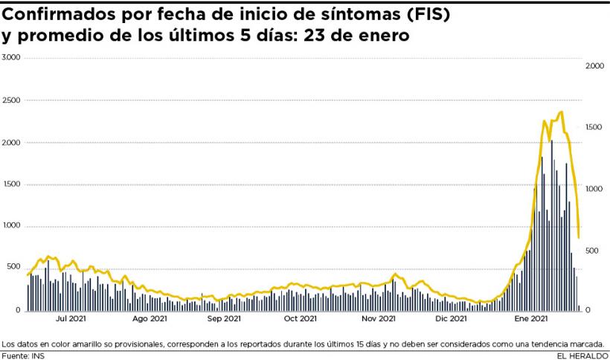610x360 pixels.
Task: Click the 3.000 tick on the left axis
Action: click(x=11, y=57)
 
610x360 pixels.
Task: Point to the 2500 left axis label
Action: click(x=11, y=100)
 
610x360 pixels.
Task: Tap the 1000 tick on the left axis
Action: click(x=11, y=226)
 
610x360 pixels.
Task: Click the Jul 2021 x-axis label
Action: click(x=72, y=319)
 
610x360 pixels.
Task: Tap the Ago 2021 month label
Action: click(x=150, y=319)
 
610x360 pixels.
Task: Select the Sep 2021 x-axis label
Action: click(x=223, y=319)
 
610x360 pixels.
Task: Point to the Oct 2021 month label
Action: click(x=300, y=319)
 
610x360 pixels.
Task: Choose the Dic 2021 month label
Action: click(x=451, y=319)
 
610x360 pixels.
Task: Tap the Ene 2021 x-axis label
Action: click(x=531, y=319)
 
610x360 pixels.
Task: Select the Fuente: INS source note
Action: click(x=23, y=355)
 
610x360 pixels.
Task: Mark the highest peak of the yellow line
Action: click(x=561, y=112)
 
